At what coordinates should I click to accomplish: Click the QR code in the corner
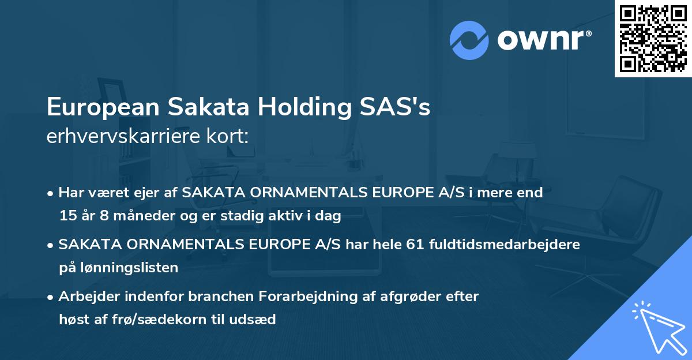coord(653,39)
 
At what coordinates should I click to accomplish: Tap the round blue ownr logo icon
coord(469,40)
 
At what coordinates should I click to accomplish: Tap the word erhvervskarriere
coord(126,136)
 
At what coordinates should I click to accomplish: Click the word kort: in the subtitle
coord(230,136)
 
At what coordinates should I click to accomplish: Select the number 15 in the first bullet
coord(66,216)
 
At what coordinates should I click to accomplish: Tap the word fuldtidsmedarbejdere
coord(506,245)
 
